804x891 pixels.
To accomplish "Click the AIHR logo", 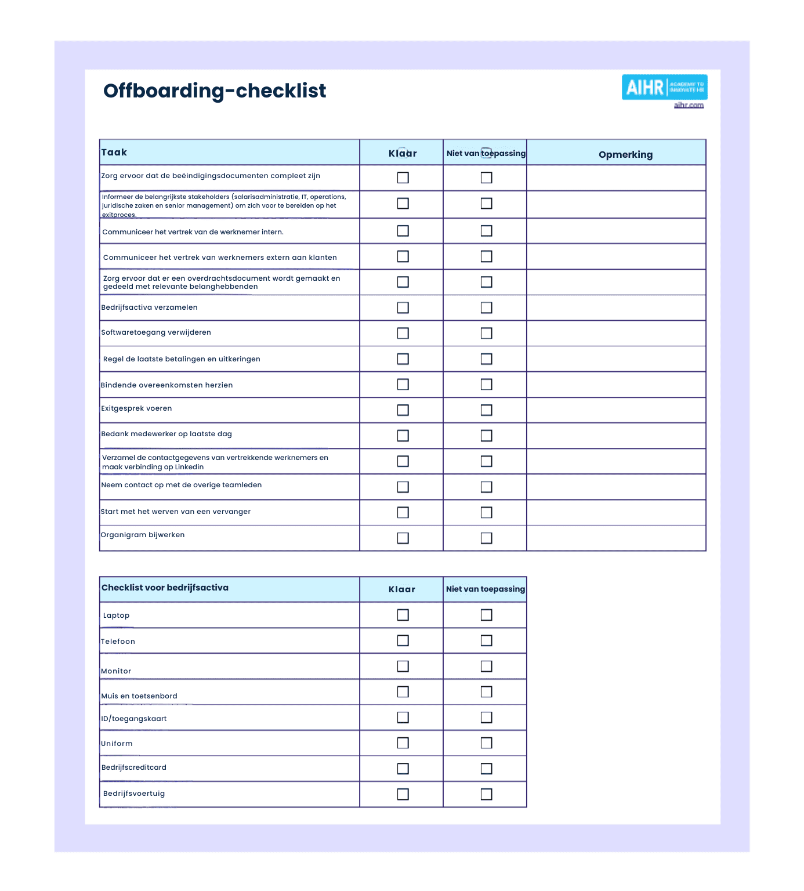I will tap(664, 87).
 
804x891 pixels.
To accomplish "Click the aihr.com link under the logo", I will tap(689, 105).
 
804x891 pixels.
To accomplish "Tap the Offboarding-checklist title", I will tap(215, 90).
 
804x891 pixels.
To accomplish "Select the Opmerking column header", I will tap(625, 154).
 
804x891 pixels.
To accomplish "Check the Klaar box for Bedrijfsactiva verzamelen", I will tap(403, 307).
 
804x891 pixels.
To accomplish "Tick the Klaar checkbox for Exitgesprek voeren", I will tap(403, 410).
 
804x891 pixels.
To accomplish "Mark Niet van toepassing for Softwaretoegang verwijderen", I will tap(486, 333).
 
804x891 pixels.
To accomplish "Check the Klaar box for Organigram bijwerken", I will tap(403, 538).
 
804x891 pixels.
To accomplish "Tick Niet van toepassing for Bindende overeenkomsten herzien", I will tap(486, 385).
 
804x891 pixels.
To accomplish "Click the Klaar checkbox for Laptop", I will tap(403, 615).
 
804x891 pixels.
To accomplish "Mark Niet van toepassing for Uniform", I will tap(486, 743).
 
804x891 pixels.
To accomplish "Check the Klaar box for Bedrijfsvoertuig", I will tap(403, 794).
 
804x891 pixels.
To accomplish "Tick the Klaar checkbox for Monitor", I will tap(403, 666).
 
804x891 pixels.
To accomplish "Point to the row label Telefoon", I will tap(118, 642).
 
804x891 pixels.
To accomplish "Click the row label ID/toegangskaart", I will tap(134, 719).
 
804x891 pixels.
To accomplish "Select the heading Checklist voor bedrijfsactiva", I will tap(165, 588).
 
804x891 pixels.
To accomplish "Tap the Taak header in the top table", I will tap(114, 153).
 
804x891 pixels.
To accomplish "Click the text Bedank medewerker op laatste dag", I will tap(166, 434).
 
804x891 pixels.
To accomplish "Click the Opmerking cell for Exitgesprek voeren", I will tap(616, 410).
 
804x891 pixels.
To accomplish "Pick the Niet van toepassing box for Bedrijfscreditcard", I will tap(486, 769).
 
